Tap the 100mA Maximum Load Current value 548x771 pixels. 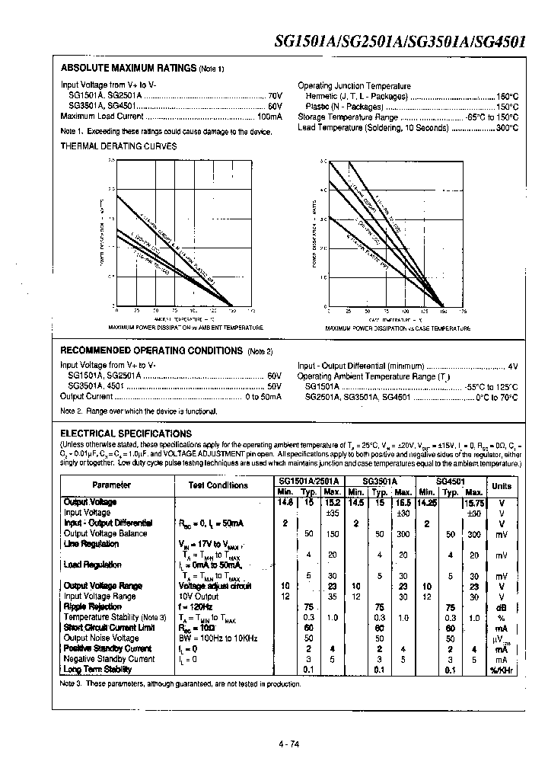tap(269, 117)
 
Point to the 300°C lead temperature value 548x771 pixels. tap(507, 127)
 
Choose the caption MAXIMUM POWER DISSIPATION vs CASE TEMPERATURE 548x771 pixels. tap(398, 328)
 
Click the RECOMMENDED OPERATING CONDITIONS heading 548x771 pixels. tap(151, 350)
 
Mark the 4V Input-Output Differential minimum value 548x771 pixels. tap(513, 366)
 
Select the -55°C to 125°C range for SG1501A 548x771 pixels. tap(492, 386)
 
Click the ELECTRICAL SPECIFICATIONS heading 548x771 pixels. tap(126, 433)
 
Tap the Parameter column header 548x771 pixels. tap(112, 485)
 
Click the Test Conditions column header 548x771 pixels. tap(218, 485)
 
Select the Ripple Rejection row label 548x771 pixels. tap(92, 606)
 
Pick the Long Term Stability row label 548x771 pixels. tap(97, 669)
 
